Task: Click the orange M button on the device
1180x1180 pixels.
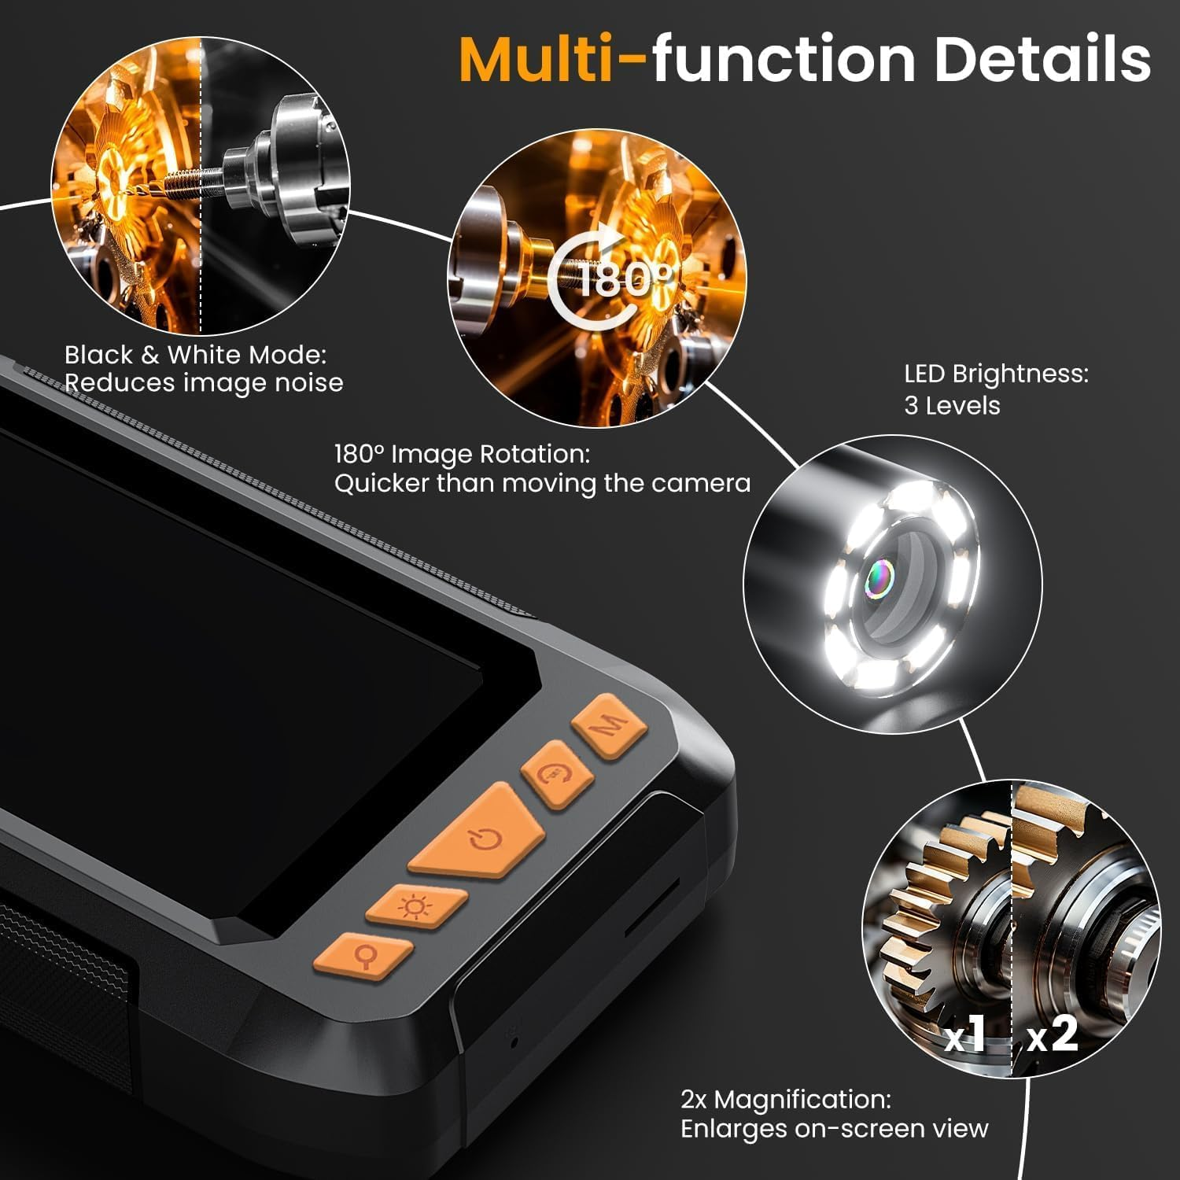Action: point(610,725)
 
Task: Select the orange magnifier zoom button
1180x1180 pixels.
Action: point(364,956)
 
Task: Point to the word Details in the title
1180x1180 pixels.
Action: point(1042,59)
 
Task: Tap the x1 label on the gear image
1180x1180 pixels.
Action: point(965,1034)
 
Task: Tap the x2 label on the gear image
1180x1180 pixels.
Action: point(1052,1034)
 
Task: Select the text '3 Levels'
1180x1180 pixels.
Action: point(952,406)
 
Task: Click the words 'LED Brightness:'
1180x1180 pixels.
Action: point(996,374)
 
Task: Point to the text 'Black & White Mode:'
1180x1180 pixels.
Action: point(195,355)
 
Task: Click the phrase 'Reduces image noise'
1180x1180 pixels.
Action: point(204,383)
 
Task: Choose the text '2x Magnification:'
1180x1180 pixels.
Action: point(786,1099)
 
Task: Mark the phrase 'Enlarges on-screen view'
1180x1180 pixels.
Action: point(834,1129)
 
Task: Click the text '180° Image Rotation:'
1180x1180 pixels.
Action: point(462,454)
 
